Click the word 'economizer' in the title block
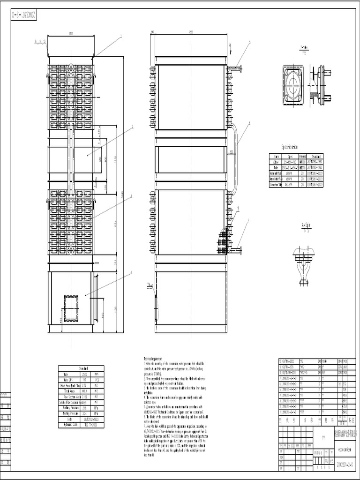(345, 447)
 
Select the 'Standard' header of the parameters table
(81, 368)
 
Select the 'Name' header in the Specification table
(276, 157)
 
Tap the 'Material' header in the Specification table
(302, 157)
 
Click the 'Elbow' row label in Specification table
(276, 162)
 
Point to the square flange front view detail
(293, 84)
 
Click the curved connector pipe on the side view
(235, 155)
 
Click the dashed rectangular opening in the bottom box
(72, 308)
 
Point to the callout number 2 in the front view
(133, 126)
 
